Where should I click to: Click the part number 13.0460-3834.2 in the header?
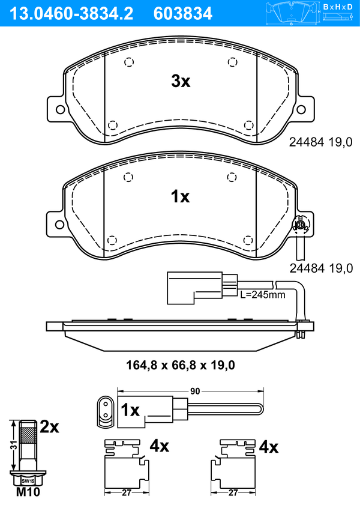(x=71, y=14)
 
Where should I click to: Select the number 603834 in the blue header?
(x=183, y=14)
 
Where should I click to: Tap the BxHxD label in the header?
(x=338, y=7)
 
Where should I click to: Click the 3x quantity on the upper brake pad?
(x=181, y=81)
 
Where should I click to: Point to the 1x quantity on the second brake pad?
(x=180, y=196)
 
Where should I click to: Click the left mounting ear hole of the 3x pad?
(x=60, y=109)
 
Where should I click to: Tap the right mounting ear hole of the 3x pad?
(x=301, y=109)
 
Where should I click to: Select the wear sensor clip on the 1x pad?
(x=301, y=225)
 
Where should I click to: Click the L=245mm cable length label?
(x=263, y=294)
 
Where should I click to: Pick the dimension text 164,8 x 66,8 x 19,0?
(x=181, y=365)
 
